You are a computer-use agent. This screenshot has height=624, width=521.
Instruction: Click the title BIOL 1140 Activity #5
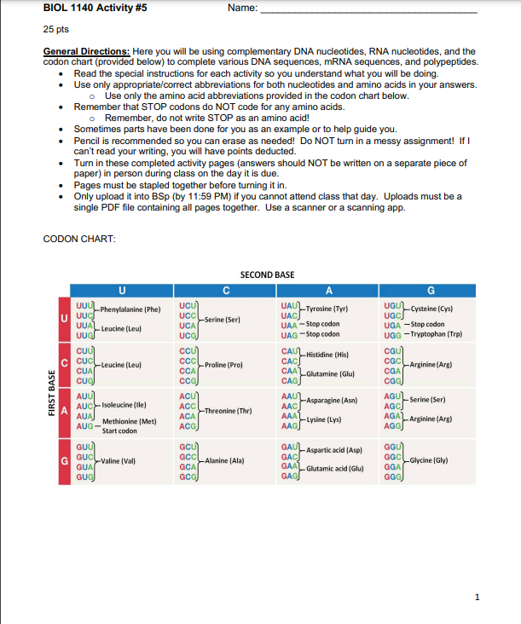click(95, 8)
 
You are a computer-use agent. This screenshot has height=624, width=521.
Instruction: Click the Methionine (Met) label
click(129, 421)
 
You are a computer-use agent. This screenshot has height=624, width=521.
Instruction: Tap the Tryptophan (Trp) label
click(448, 334)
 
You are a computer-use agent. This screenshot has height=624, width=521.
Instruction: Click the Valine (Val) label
click(119, 460)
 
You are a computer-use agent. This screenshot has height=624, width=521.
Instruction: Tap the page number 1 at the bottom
click(478, 598)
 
